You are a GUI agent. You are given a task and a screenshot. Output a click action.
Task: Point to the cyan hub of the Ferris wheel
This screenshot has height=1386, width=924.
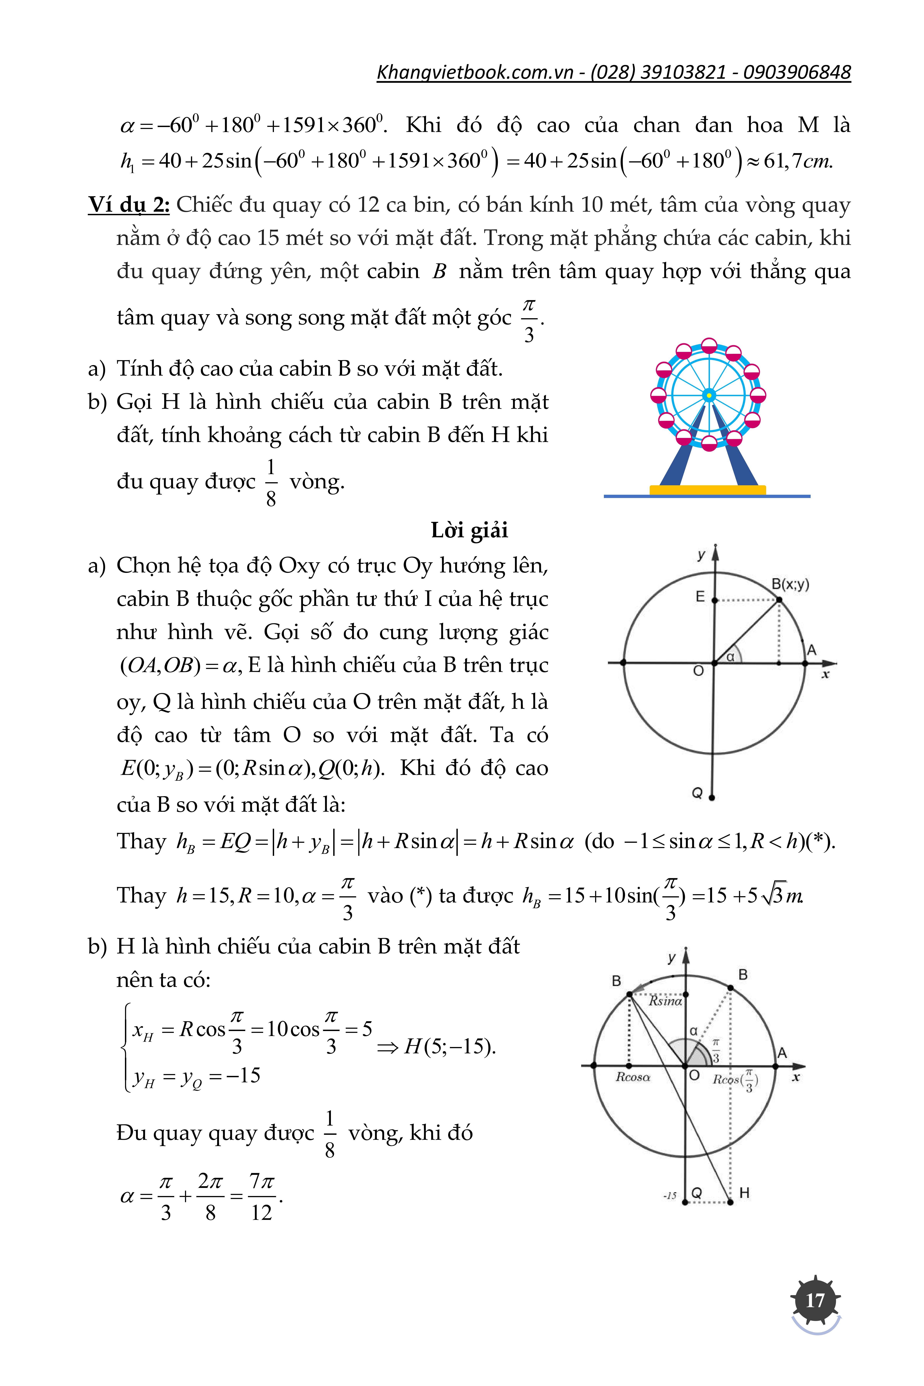coord(709,395)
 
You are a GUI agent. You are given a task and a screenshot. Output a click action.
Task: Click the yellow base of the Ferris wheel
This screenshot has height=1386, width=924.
coord(707,489)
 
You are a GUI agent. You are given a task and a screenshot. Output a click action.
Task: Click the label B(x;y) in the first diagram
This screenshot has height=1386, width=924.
coord(790,584)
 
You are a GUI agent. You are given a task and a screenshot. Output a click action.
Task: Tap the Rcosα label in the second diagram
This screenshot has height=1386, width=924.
coord(633,1077)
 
